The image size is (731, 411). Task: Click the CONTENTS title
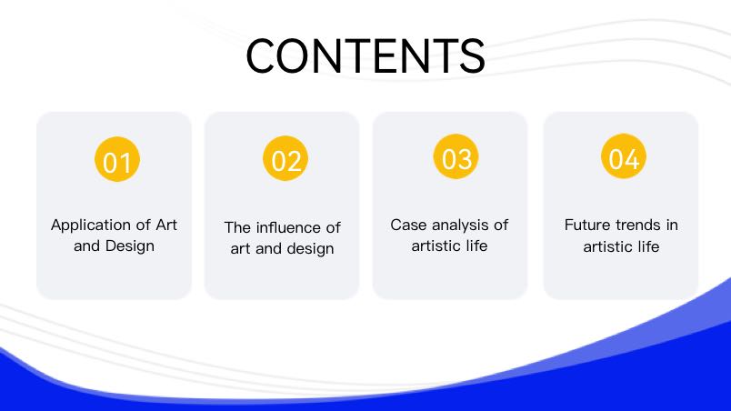(x=365, y=55)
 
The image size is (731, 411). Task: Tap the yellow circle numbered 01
(x=117, y=159)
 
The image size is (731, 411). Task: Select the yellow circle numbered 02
(x=285, y=158)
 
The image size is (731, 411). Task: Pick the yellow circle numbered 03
(x=456, y=156)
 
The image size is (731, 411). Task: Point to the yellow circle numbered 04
(x=624, y=156)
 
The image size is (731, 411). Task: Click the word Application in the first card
(x=86, y=226)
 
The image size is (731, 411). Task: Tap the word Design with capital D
(x=130, y=246)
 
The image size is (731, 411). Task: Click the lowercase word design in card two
(x=310, y=249)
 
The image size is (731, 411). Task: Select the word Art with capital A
(x=166, y=226)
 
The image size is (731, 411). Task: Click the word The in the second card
(x=238, y=228)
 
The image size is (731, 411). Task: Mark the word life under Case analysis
(x=476, y=246)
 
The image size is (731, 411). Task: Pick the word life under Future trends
(x=648, y=246)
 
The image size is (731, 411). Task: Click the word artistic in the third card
(x=436, y=246)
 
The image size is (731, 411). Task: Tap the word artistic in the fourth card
(x=608, y=246)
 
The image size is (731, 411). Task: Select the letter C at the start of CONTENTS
(x=260, y=55)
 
